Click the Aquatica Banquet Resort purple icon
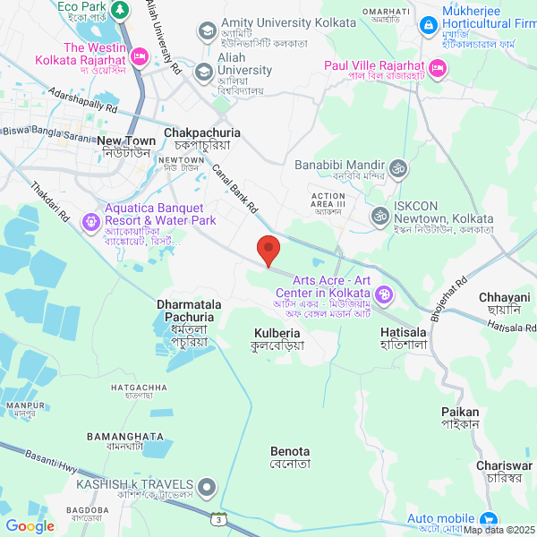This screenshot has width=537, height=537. (90, 220)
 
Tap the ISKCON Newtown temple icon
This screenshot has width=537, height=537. (380, 216)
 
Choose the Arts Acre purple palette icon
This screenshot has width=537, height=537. (384, 294)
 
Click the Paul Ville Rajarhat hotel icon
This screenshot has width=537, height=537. (437, 67)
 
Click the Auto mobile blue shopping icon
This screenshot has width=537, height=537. (488, 519)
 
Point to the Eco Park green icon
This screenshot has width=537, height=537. (122, 11)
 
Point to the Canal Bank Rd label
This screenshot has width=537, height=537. (234, 187)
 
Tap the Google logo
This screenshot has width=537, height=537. (30, 526)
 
